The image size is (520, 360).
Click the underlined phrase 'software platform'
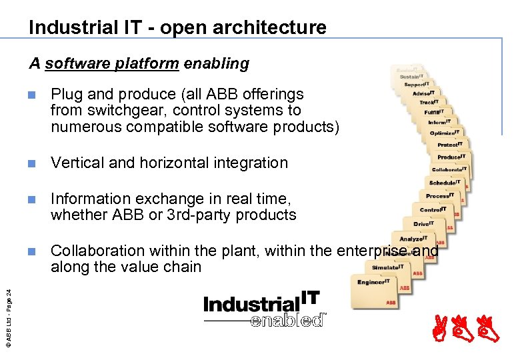point(112,64)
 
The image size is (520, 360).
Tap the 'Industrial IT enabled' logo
point(262,309)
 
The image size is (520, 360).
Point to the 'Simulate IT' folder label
point(387,267)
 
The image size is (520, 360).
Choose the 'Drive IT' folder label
point(423,223)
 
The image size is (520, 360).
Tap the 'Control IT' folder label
point(432,209)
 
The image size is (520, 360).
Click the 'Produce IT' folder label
point(450,157)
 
